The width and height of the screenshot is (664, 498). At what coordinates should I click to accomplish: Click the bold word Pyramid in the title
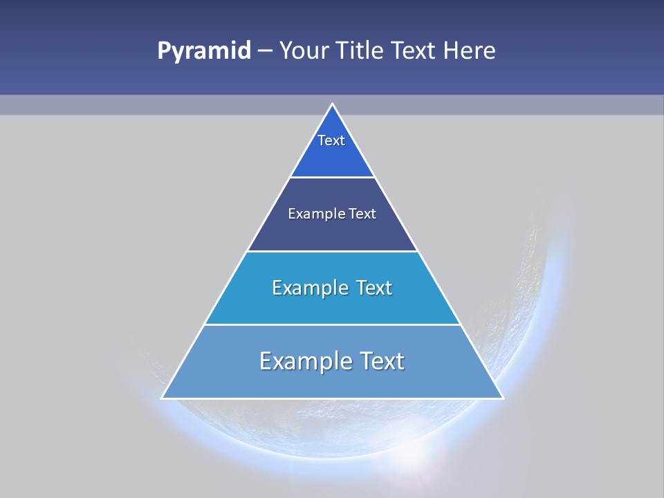(203, 51)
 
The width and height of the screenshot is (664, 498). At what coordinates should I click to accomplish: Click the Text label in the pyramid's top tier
(331, 140)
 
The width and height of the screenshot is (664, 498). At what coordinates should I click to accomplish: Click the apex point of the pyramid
(332, 104)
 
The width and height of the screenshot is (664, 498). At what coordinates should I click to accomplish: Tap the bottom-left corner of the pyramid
(163, 398)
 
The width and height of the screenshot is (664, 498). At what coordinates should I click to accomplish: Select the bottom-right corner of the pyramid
(502, 398)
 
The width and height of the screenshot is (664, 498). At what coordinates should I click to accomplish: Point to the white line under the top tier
(332, 177)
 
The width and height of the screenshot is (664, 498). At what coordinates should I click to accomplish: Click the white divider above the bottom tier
(332, 324)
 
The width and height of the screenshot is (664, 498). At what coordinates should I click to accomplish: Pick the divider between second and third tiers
(332, 251)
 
